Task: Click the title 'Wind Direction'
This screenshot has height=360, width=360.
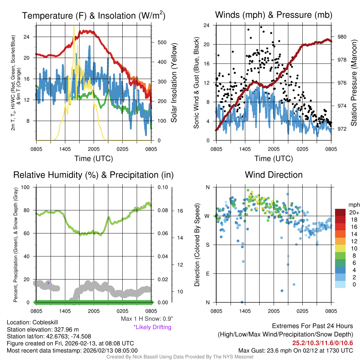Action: (x=274, y=175)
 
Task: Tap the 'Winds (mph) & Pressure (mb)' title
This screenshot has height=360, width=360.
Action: (x=274, y=15)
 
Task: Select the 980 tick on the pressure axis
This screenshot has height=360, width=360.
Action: (x=342, y=37)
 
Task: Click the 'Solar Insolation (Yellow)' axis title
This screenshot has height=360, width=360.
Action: (x=174, y=83)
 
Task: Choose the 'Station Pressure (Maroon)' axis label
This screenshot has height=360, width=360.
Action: (x=354, y=83)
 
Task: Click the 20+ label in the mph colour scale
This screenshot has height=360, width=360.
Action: (x=354, y=212)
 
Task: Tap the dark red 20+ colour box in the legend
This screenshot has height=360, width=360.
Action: (x=341, y=212)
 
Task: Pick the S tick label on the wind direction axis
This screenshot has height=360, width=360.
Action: (x=207, y=245)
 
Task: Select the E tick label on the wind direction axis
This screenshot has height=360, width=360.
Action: (x=207, y=274)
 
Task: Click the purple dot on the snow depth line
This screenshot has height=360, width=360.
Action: (x=48, y=283)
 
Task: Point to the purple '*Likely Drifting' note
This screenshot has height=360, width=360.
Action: (x=152, y=327)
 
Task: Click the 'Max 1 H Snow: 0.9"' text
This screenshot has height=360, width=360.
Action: (x=147, y=319)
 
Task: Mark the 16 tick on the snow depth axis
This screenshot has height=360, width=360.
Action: (x=180, y=211)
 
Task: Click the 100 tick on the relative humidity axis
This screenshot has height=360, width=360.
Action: (x=26, y=187)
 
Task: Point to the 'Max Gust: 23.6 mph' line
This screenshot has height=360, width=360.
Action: (x=295, y=350)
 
